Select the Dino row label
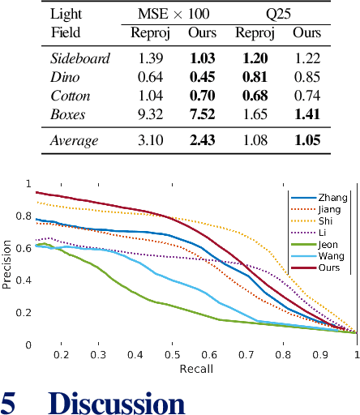[66, 78]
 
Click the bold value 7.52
[203, 114]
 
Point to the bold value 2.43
[203, 141]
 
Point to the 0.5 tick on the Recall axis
[172, 355]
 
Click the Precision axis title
[8, 263]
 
